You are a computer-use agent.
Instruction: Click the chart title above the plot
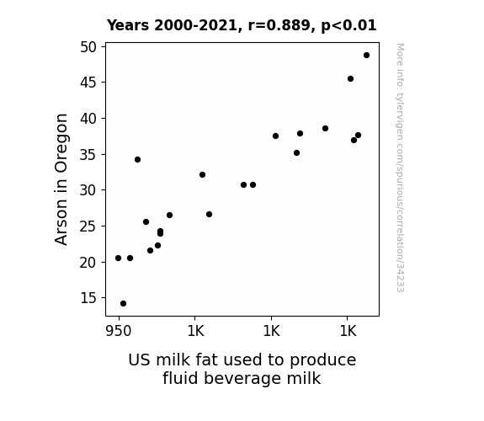tap(242, 25)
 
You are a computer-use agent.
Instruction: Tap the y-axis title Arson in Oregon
tap(61, 179)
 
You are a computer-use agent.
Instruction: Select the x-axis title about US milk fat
tap(242, 369)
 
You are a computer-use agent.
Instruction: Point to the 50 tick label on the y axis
tap(88, 47)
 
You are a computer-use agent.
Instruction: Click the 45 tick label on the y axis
tap(88, 83)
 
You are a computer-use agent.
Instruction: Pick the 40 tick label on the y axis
tap(88, 119)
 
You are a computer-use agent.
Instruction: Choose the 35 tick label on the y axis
tap(88, 154)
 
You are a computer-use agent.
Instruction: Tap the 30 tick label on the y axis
tap(88, 190)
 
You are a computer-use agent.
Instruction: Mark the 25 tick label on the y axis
tap(88, 226)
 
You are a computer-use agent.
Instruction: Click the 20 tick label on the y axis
tap(88, 262)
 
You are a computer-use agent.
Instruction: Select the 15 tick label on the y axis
tap(88, 298)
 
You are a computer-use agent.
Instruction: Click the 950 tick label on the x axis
tap(119, 331)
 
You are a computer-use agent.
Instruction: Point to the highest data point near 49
tap(366, 56)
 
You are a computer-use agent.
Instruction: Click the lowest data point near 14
tap(123, 304)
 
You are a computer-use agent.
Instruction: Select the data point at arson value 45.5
tap(350, 79)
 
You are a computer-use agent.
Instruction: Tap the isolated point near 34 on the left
tap(138, 160)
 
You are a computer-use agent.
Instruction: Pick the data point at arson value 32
tap(203, 175)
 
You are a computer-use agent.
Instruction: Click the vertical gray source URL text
tap(400, 168)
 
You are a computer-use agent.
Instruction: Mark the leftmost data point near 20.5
tap(118, 258)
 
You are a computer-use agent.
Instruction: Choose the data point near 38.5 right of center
tap(326, 129)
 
